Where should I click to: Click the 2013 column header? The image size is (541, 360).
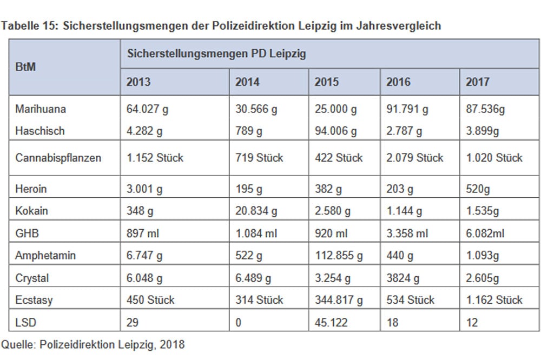pyautogui.click(x=138, y=82)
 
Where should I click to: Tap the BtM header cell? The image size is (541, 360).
pyautogui.click(x=27, y=69)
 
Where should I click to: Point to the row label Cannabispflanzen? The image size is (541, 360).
pyautogui.click(x=57, y=158)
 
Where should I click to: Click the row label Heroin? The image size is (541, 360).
pyautogui.click(x=31, y=189)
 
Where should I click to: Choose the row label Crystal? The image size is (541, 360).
pyautogui.click(x=32, y=278)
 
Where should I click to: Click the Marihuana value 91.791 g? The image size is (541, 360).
pyautogui.click(x=407, y=110)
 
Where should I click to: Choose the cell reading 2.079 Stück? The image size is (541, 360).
pyautogui.click(x=414, y=158)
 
